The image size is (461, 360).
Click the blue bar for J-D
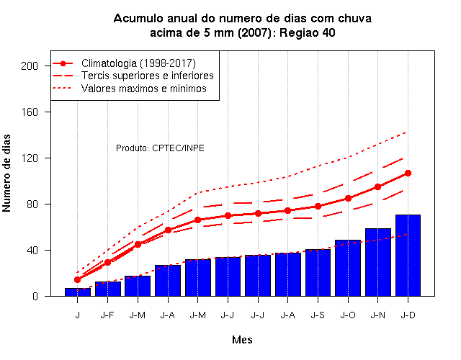(408, 256)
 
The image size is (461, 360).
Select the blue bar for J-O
(348, 268)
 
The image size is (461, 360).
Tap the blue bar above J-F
(107, 289)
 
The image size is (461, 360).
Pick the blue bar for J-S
(318, 273)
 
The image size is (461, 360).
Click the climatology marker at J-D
(408, 173)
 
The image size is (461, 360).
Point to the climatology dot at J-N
(377, 186)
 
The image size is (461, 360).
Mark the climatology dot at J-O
(348, 199)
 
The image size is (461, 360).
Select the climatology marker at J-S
(318, 207)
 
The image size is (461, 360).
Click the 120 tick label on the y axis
(30, 158)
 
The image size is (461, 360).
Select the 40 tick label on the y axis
(32, 250)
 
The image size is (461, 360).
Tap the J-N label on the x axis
(377, 315)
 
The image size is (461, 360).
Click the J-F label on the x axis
(107, 315)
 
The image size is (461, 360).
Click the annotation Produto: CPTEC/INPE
(160, 148)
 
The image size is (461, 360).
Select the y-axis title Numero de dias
(6, 173)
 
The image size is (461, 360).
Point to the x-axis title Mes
(242, 340)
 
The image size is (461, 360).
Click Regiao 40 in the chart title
(308, 32)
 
